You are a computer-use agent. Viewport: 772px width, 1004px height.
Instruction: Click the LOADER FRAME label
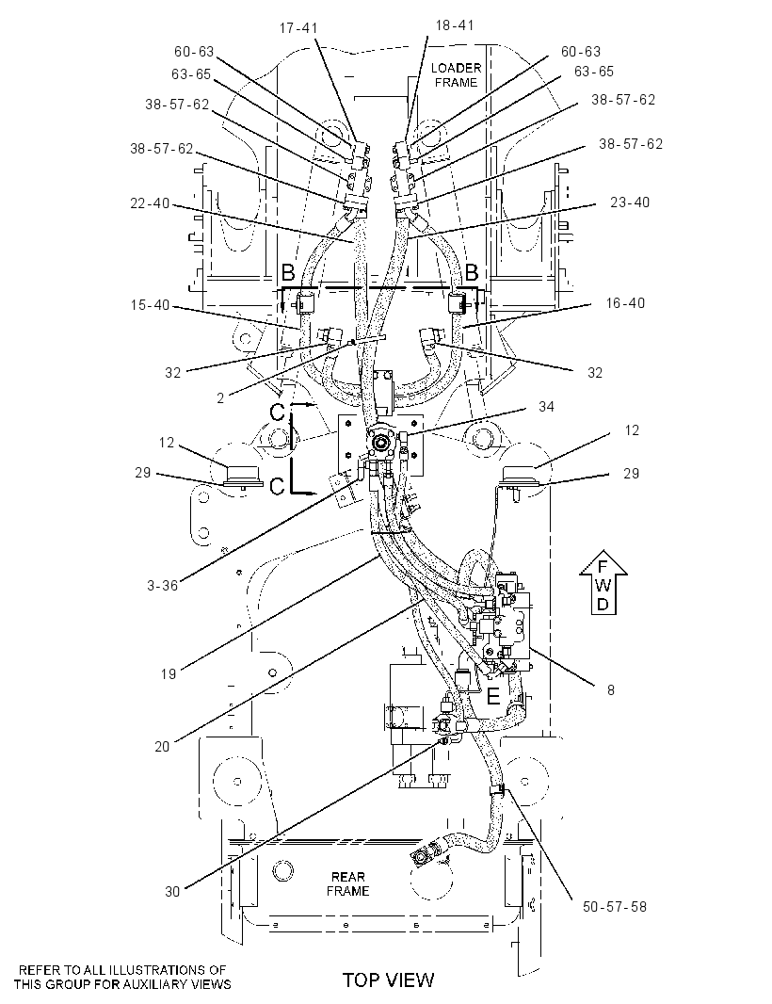click(x=456, y=75)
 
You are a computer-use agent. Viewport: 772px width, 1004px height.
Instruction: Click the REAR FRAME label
click(x=347, y=883)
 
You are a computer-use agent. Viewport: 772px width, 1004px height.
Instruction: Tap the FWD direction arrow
click(x=603, y=581)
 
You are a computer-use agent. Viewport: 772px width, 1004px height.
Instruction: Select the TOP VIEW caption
click(x=388, y=980)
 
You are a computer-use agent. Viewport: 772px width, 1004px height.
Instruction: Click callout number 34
click(x=546, y=407)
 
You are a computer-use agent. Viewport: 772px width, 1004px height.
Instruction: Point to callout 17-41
click(x=298, y=28)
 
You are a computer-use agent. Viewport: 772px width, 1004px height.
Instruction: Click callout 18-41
click(x=455, y=25)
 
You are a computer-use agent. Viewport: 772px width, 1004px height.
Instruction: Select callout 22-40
click(x=150, y=203)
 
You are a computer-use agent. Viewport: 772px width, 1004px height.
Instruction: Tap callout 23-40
click(x=630, y=202)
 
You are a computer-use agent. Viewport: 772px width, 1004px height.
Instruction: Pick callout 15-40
click(x=151, y=305)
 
